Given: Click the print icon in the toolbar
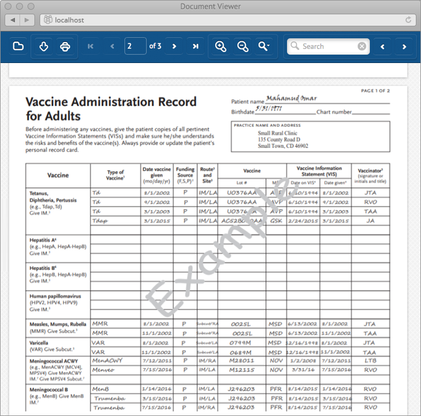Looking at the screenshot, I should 65,46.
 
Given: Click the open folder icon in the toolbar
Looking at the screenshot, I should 18,46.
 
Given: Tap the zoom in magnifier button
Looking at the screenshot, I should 220,46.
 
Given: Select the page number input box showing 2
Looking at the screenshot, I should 135,46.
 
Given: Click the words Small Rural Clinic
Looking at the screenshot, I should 278,133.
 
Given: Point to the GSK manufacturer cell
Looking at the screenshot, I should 275,221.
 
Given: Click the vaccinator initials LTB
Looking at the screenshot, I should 370,360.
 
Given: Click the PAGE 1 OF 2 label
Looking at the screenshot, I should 375,91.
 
